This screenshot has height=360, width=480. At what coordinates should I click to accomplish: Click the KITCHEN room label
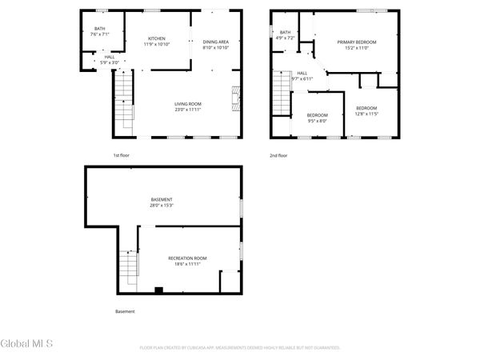156,39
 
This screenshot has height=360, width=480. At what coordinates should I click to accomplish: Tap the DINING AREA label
215,42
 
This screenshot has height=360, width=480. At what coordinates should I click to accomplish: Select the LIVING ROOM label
189,103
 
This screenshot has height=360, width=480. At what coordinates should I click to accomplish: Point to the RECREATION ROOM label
187,258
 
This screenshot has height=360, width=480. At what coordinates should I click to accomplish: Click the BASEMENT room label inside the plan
162,199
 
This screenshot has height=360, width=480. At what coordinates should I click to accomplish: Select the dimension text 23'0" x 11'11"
189,109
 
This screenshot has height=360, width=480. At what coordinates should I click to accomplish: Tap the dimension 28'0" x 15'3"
162,205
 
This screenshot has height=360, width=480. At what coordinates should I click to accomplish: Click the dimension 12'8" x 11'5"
366,114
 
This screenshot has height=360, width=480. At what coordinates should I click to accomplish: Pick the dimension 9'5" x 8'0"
317,121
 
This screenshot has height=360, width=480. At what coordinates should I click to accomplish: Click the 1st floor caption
122,155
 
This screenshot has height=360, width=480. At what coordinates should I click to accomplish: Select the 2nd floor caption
278,155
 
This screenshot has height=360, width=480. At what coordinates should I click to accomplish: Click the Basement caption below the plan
125,311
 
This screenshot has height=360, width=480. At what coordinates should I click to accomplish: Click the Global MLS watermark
26,344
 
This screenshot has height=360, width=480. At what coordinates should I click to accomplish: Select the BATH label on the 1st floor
100,28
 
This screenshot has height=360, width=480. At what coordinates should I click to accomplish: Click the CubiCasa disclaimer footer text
240,348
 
